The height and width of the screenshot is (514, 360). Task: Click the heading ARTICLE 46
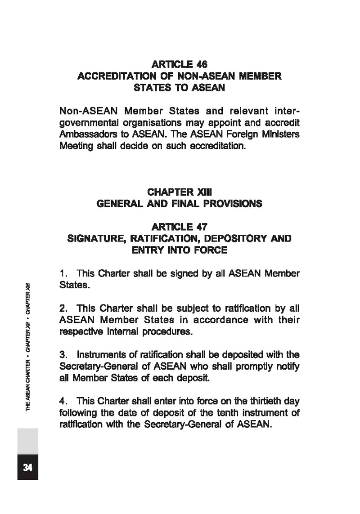point(180,64)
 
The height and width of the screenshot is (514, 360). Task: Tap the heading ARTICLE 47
point(180,227)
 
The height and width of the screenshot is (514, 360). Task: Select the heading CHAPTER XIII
point(180,192)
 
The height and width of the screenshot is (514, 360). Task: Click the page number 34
point(28,467)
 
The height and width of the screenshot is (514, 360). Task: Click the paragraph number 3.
point(63,354)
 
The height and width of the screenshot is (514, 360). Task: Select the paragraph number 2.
point(63,308)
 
